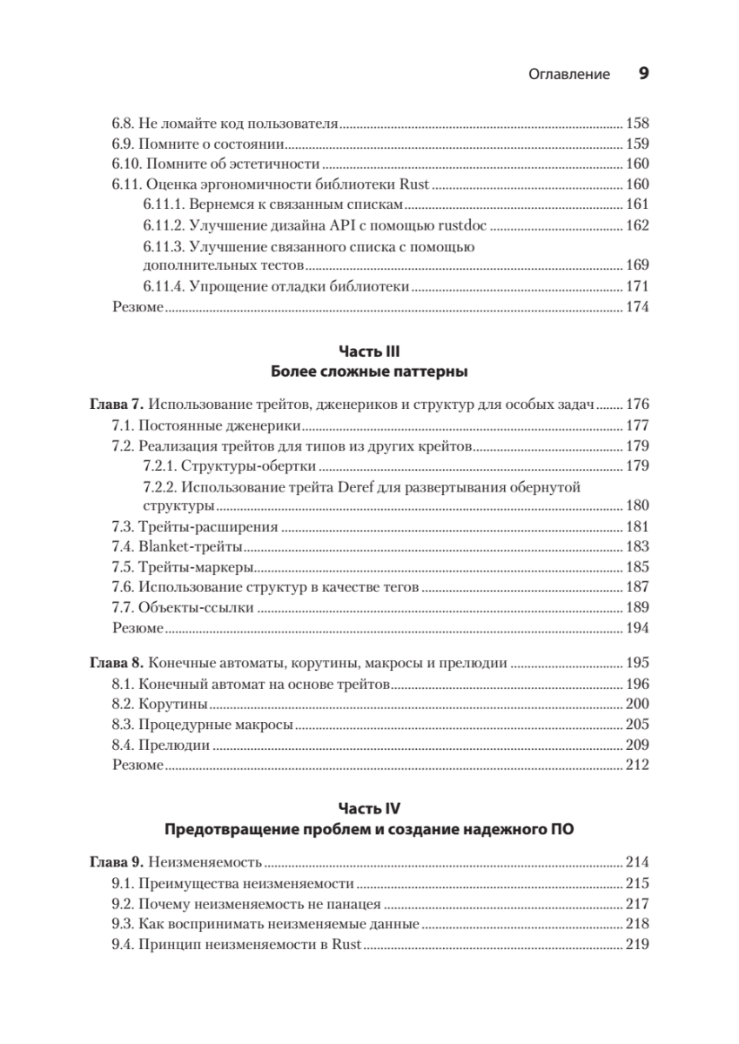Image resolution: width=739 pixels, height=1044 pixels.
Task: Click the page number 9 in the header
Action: coord(644,74)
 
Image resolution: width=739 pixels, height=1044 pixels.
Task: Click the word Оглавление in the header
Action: coord(569,75)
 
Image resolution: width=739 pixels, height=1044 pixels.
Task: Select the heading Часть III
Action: coord(369,351)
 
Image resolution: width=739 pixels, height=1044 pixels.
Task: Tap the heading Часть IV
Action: coord(369,808)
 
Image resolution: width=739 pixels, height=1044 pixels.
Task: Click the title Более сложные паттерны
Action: coord(369,372)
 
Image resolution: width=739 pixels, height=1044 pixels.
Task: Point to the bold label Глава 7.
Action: coord(117,405)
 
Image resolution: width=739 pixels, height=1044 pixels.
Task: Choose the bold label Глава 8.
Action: coord(117,663)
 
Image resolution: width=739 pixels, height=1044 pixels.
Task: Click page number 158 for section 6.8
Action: coord(637,123)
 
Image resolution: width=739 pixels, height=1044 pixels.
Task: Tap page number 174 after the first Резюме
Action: coord(637,306)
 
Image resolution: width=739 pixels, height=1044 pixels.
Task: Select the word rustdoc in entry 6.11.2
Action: coord(464,225)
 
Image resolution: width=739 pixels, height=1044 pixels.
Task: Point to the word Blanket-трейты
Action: coord(190,546)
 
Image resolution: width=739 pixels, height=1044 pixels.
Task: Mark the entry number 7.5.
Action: coord(124,567)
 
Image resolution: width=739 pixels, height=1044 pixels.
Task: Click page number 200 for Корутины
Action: coord(637,703)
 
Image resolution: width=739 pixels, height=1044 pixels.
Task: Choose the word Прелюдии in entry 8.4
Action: coord(173,745)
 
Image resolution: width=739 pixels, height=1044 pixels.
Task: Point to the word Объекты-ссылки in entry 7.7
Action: coord(196,607)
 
